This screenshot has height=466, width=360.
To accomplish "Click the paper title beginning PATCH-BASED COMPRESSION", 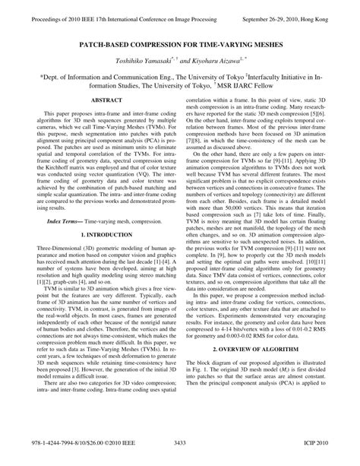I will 179,44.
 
